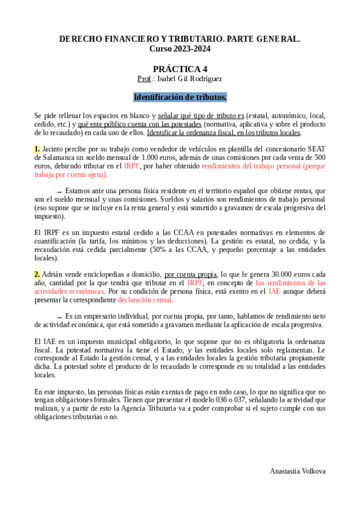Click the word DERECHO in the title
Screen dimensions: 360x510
81,38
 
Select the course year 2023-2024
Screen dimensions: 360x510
180,48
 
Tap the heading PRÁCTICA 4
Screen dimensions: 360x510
180,69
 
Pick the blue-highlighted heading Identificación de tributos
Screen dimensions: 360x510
180,96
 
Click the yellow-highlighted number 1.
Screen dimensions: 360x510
37,149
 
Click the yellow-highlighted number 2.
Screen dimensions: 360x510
37,274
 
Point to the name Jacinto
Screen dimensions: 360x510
53,149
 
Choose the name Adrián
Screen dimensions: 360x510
54,274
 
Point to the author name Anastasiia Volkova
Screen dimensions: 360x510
297,471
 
